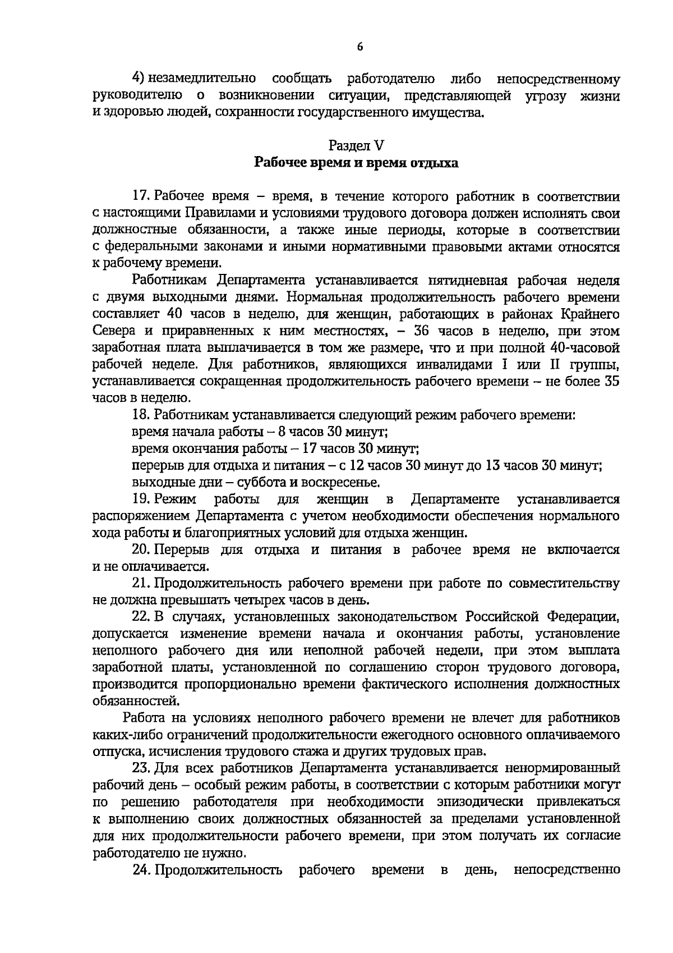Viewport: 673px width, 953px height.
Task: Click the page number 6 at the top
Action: click(x=360, y=47)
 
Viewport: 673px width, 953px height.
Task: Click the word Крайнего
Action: click(x=589, y=314)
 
